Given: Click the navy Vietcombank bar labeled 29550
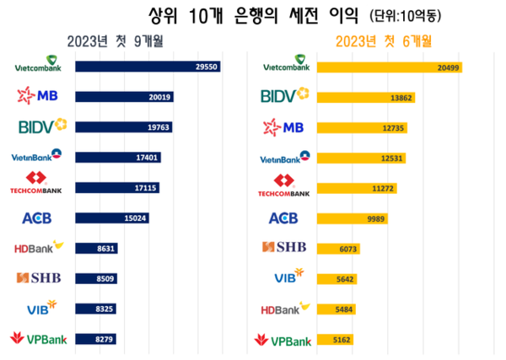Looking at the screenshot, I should [x=148, y=66].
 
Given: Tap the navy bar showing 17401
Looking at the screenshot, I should [x=117, y=157].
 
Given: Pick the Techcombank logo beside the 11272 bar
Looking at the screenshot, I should [x=285, y=187].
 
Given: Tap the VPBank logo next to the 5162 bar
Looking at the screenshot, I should [x=283, y=340].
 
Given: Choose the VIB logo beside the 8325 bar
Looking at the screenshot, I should [x=40, y=309].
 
